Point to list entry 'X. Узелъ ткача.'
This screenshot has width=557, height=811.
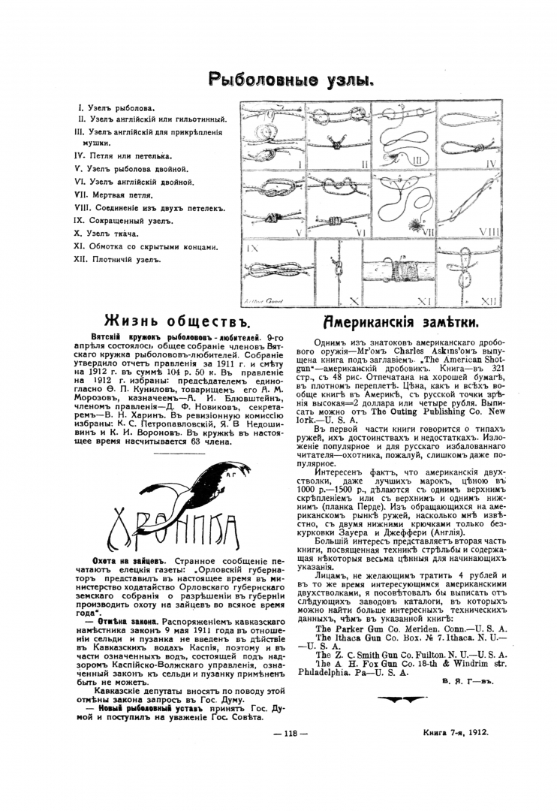point(111,234)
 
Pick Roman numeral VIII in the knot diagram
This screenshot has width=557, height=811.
point(479,231)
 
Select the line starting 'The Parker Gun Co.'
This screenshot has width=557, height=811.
point(411,628)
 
